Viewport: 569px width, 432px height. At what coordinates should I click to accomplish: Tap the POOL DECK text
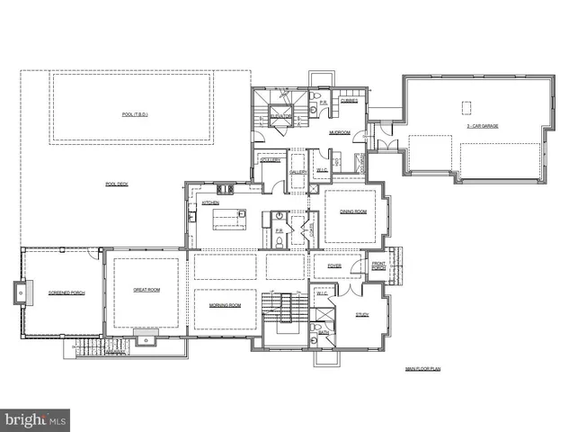pos(117,184)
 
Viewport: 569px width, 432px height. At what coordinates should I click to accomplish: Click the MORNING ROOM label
pos(225,305)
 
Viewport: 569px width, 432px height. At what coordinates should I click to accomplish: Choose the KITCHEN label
pos(210,202)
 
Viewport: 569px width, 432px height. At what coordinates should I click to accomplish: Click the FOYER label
pos(333,265)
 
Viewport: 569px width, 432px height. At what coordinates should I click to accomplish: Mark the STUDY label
pos(362,315)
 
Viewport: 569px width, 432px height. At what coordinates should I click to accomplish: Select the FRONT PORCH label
pos(379,266)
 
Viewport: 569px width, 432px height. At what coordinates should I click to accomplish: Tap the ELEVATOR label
pos(280,117)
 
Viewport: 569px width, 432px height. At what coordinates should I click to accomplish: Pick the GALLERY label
pos(298,171)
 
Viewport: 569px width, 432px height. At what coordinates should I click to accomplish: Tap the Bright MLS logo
pos(35,419)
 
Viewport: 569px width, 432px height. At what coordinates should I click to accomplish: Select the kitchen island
pos(229,215)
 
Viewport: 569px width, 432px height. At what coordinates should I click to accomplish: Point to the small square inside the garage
pos(467,107)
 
